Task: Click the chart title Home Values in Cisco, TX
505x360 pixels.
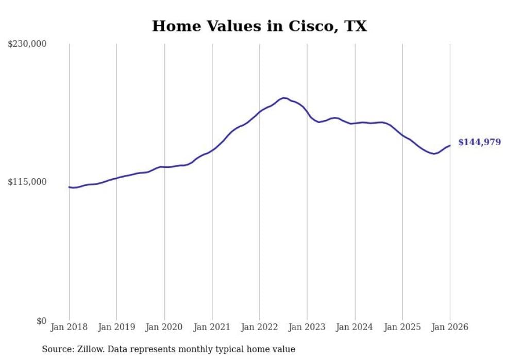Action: (259, 26)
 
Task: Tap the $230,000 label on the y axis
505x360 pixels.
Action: (27, 44)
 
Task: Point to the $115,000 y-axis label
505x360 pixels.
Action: (27, 182)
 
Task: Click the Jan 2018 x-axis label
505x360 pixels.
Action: (69, 327)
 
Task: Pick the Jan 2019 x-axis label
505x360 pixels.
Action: (116, 327)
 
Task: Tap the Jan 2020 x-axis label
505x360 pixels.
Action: (164, 327)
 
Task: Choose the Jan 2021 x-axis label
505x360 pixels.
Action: (212, 327)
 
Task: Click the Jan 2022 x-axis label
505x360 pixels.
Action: (260, 327)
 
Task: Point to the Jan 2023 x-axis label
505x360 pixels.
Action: (307, 327)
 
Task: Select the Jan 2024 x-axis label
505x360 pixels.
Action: (355, 327)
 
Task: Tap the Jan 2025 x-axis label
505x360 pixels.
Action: (402, 327)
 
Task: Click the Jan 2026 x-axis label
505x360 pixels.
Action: (450, 327)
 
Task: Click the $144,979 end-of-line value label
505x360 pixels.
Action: (479, 142)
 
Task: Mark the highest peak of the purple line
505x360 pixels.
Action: (283, 98)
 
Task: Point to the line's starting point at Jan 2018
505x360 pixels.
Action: (69, 187)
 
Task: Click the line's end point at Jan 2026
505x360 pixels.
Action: (450, 146)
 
